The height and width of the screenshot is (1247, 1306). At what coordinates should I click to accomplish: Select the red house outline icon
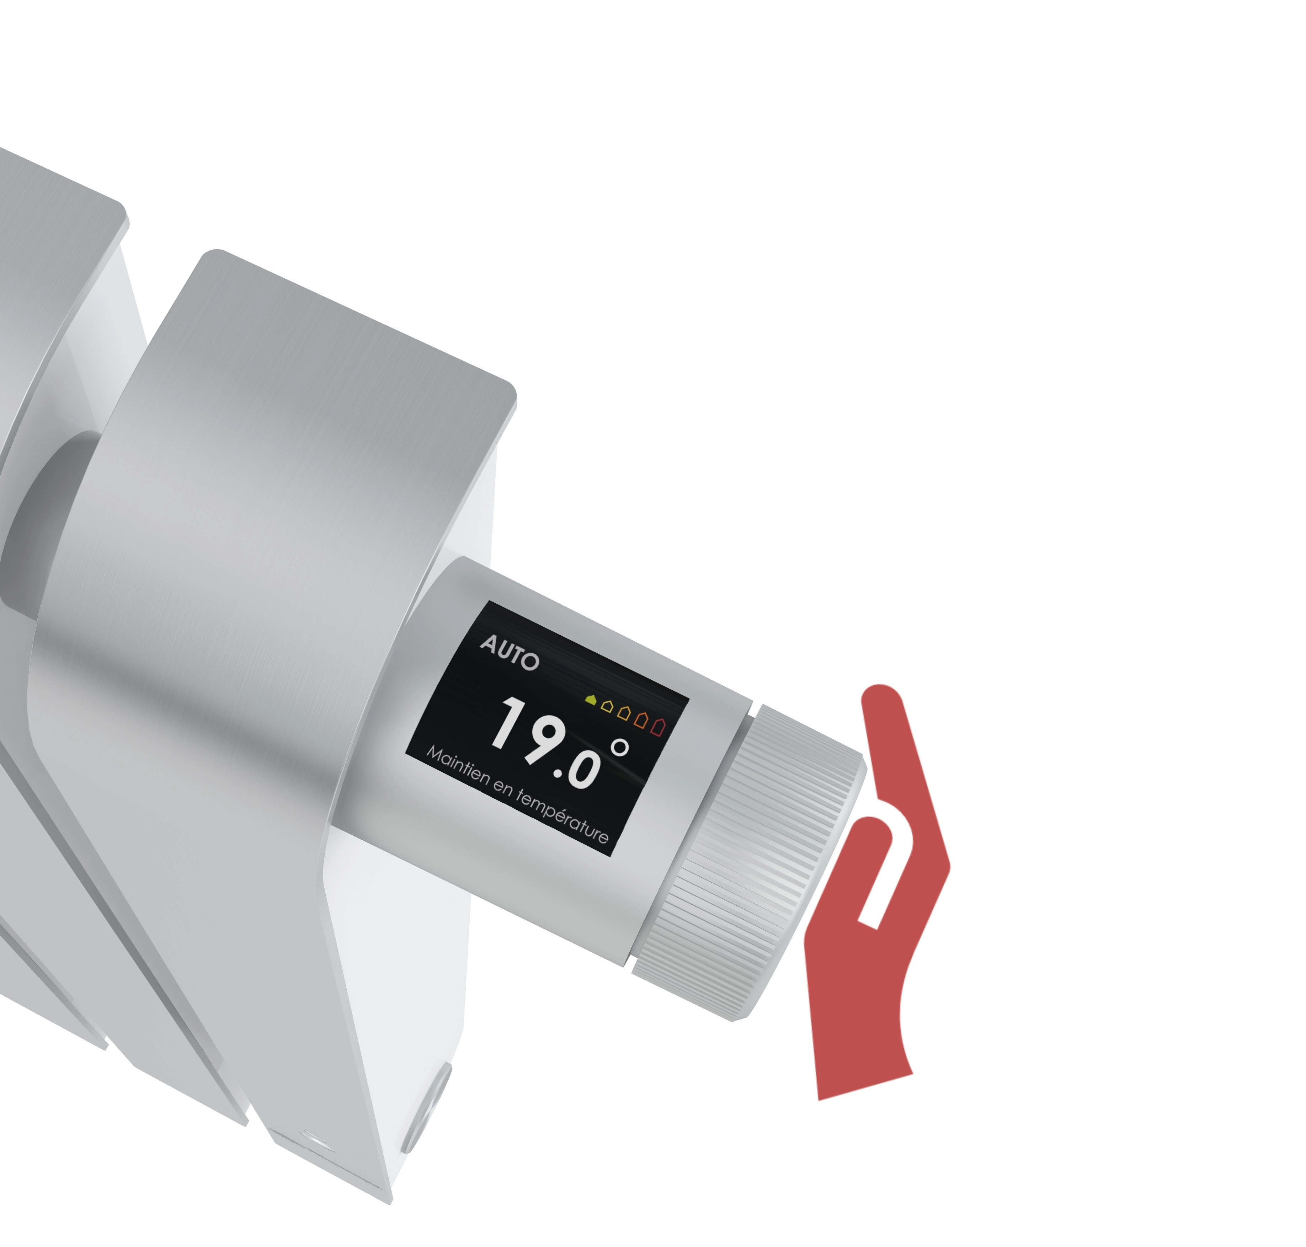(x=658, y=726)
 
